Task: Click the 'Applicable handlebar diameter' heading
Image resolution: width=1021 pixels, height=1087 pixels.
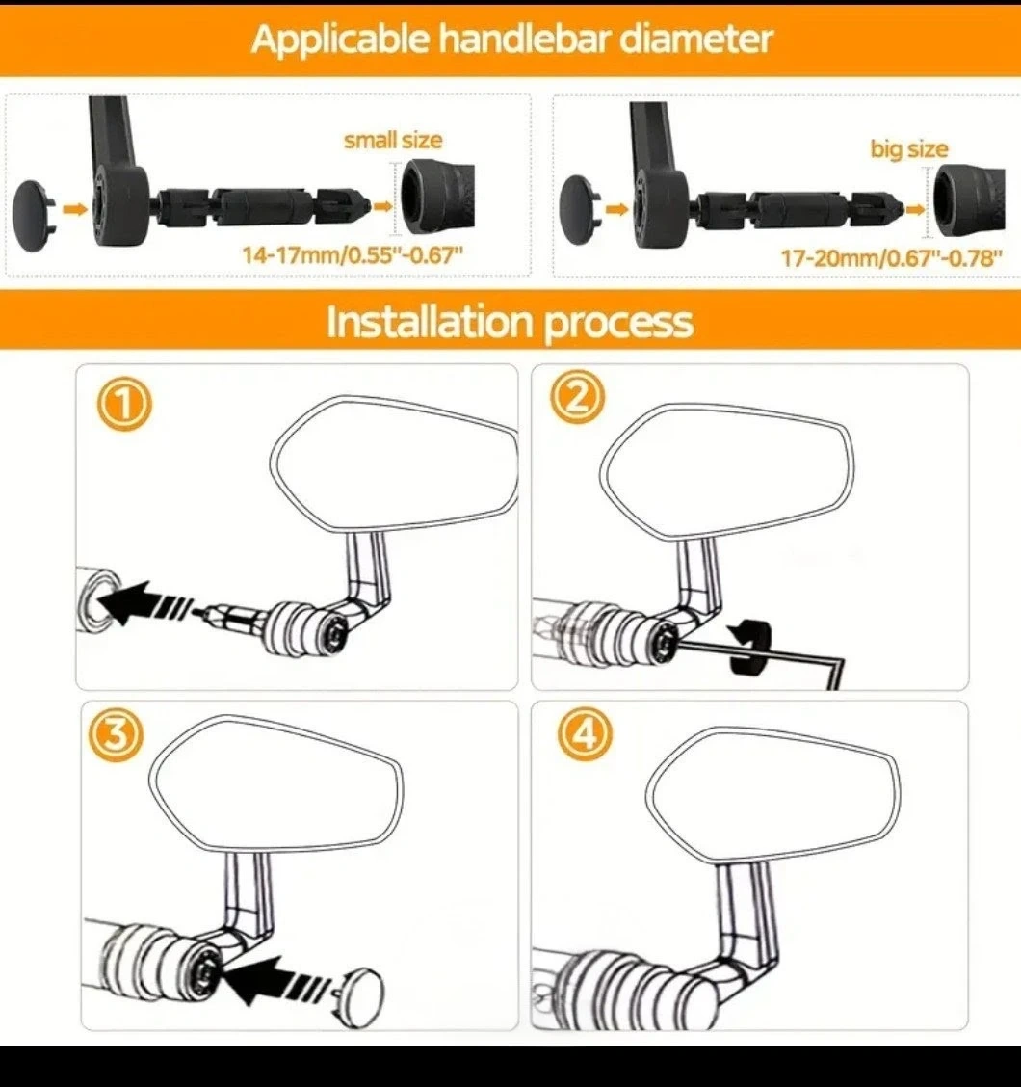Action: coord(511,39)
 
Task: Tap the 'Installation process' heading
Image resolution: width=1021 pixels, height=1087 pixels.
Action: coord(510,322)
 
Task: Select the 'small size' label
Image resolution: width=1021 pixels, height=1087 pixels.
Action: coord(393,140)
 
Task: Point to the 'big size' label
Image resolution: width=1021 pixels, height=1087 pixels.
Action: coord(908,149)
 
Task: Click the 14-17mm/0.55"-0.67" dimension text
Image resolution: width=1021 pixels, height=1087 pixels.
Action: coord(353,255)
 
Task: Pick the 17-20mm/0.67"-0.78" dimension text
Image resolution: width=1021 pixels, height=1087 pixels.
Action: coord(891,258)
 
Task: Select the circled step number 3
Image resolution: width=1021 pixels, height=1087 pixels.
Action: coord(116,735)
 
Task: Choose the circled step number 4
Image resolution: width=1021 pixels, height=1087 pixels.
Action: coord(586,734)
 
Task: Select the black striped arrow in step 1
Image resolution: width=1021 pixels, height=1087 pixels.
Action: coord(145,602)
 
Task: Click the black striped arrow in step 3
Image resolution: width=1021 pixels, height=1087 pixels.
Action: coord(277,979)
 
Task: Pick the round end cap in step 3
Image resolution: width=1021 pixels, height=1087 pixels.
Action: coord(359,992)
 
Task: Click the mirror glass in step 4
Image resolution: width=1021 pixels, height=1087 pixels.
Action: coord(773,794)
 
